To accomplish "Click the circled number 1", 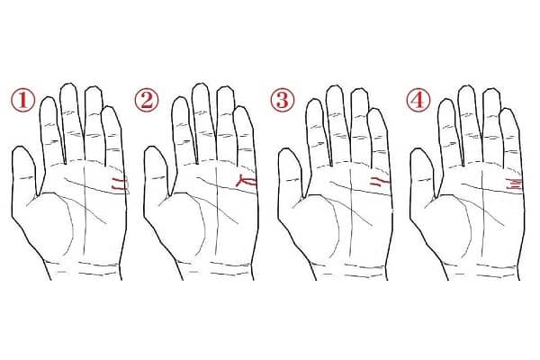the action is (x=22, y=100).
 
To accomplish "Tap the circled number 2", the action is (x=147, y=100).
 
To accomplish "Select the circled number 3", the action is (x=282, y=100).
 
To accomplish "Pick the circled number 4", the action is (x=418, y=100).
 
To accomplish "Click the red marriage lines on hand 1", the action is (x=121, y=184).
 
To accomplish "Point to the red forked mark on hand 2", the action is (x=247, y=182).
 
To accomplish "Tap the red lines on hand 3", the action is (x=380, y=182).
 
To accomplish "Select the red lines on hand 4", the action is (x=514, y=183).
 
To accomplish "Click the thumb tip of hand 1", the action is (x=20, y=147).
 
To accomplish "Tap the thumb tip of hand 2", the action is (x=152, y=147).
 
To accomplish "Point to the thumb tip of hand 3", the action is (x=286, y=148).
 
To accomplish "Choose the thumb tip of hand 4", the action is (x=418, y=148).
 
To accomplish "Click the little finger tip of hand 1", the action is (x=110, y=107).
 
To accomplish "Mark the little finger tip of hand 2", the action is (x=242, y=107).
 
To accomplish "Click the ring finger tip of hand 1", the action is (x=93, y=86).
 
